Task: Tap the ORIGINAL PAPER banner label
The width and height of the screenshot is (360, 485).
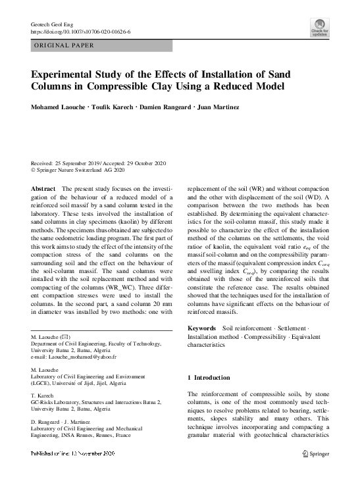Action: pos(63,45)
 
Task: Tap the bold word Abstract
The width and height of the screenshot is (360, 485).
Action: pos(43,188)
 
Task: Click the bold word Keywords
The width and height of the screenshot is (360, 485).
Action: pos(201,328)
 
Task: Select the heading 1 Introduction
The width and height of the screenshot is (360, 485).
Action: pos(209,378)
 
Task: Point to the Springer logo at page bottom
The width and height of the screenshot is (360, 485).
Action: pos(315,453)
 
